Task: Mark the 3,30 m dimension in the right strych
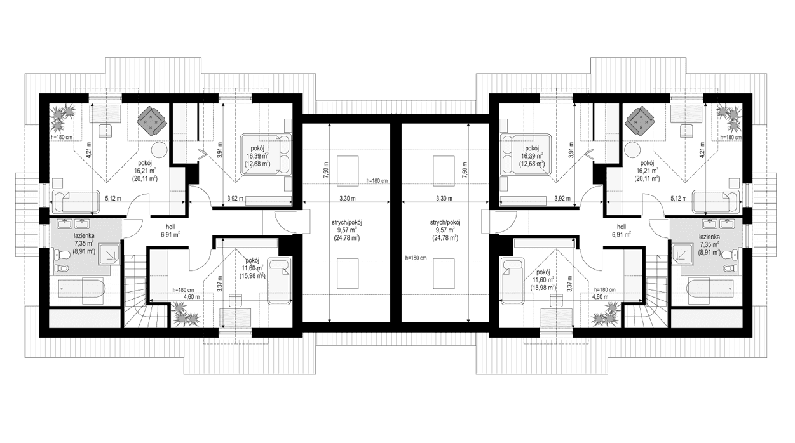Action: point(444,199)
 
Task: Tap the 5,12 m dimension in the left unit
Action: point(112,198)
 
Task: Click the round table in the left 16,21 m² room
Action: point(158,150)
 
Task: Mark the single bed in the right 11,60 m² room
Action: point(512,279)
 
